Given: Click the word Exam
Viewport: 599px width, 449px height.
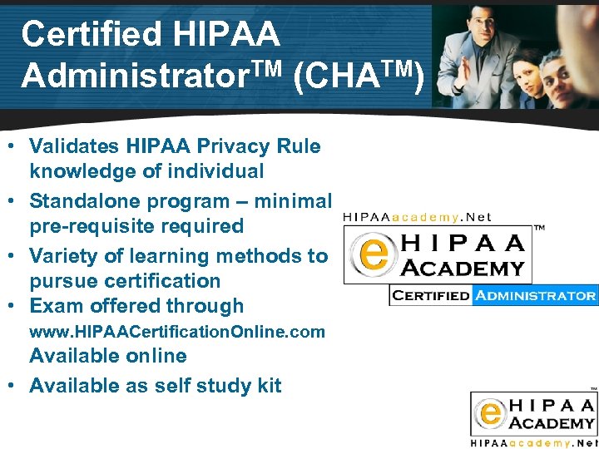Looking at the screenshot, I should coord(54,306).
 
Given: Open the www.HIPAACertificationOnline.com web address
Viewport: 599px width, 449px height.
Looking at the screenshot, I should coord(176,332).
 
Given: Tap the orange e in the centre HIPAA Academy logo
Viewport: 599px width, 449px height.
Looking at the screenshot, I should coord(371,254).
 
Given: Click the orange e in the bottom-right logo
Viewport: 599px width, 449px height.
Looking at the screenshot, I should coord(490,412).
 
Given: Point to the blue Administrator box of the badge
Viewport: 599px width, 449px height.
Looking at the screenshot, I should coord(535,295).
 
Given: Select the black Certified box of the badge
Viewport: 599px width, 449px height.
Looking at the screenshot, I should coord(430,295).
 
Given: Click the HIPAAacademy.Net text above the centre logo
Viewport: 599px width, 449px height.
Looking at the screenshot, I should coord(417,217).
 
